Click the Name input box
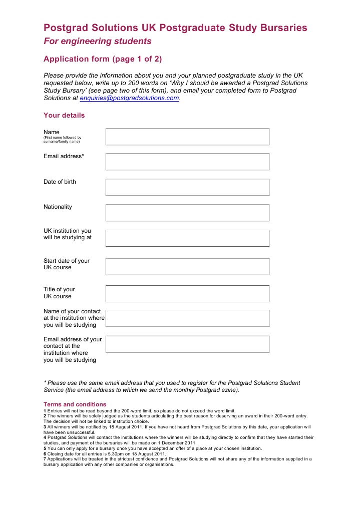tap(187, 137)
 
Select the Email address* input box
tap(187, 162)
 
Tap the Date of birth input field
tap(187, 187)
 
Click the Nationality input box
tap(187, 213)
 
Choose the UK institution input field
tap(187, 238)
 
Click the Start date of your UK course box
tap(187, 266)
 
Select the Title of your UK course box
tap(187, 293)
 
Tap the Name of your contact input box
tap(187, 318)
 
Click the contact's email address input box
tap(187, 344)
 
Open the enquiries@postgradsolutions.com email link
tap(129, 99)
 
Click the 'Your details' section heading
tap(64, 116)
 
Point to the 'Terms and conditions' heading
tap(75, 404)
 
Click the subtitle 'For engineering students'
tap(97, 41)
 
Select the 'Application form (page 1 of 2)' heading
tap(103, 59)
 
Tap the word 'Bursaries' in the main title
tap(279, 28)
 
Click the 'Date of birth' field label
tap(60, 182)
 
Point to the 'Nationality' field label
tap(58, 207)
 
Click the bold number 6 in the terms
tap(45, 454)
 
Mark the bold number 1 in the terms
tap(45, 410)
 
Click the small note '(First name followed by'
tap(62, 138)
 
